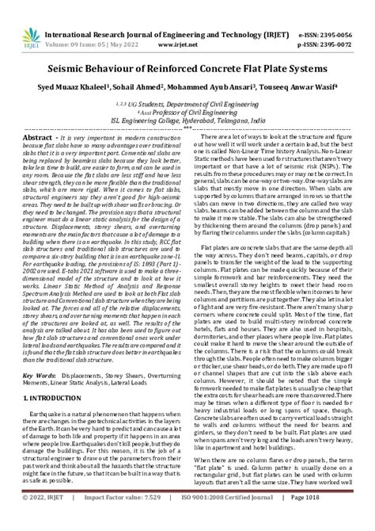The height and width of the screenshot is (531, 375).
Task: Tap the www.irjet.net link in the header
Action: pos(187,23)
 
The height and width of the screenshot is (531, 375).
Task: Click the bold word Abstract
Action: pos(36,137)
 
